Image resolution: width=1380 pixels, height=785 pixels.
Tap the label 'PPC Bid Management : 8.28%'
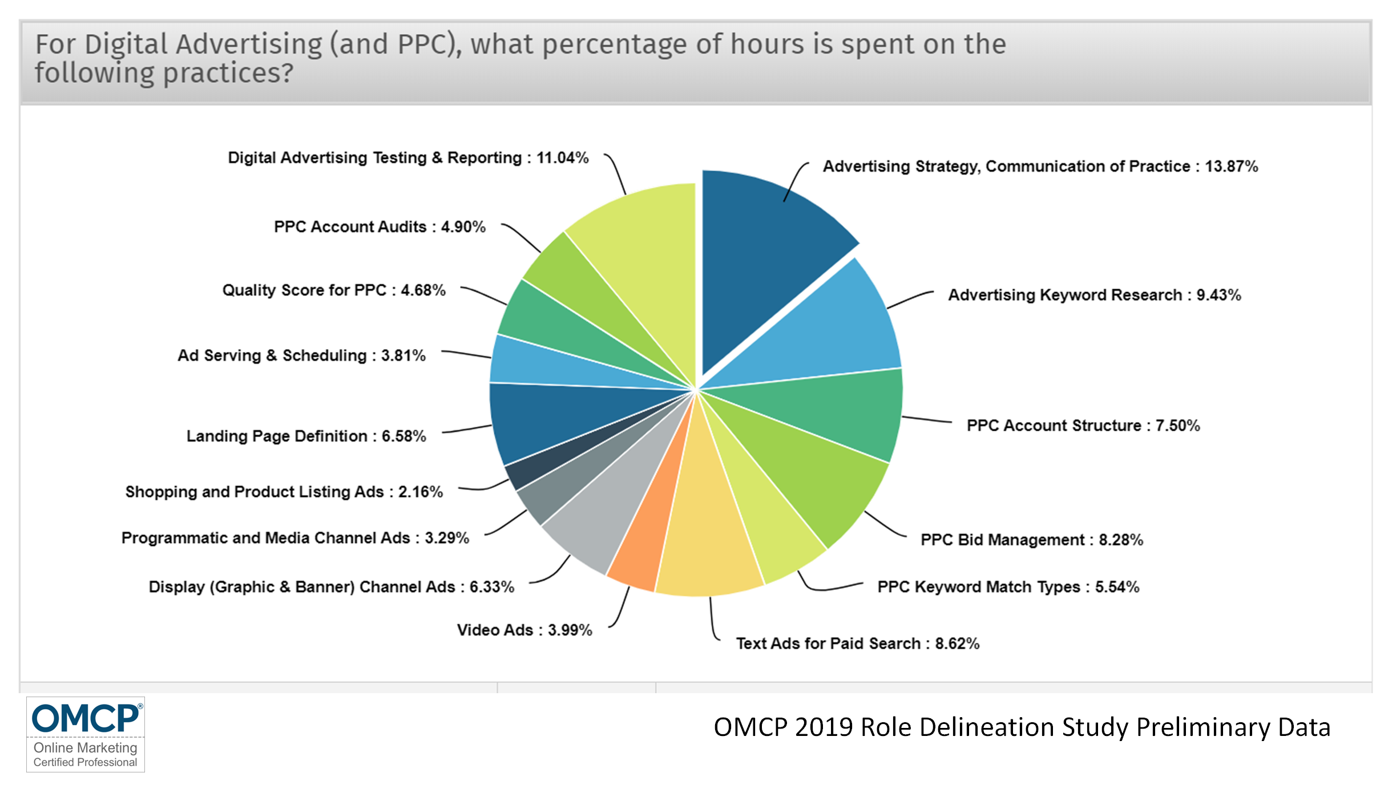pyautogui.click(x=1031, y=540)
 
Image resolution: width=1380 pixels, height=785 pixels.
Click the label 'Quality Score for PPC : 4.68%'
pyautogui.click(x=334, y=290)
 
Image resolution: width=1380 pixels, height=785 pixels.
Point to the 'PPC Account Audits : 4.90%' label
pyautogui.click(x=380, y=227)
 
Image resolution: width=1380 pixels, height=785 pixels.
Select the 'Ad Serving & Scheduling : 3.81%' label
pyautogui.click(x=301, y=355)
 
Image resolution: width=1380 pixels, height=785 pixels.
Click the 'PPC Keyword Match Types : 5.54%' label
pyautogui.click(x=1008, y=587)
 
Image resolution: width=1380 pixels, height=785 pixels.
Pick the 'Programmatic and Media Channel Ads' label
pyautogui.click(x=295, y=538)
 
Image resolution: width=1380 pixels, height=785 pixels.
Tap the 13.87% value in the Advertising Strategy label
pyautogui.click(x=1231, y=167)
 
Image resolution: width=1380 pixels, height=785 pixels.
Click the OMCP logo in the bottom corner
pyautogui.click(x=86, y=734)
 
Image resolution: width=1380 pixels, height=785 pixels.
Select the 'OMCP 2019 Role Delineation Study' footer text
pyautogui.click(x=1022, y=727)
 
